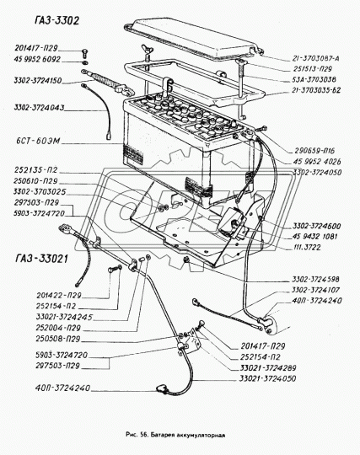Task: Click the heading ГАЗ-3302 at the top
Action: point(48,19)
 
